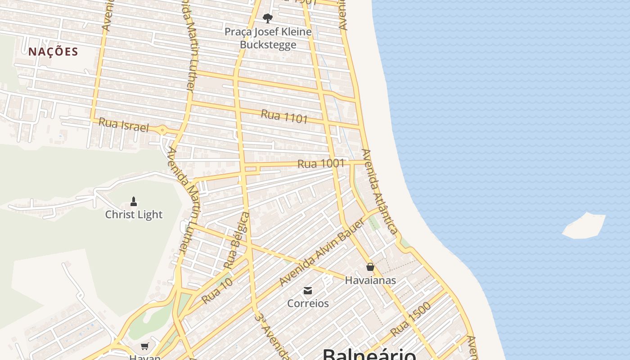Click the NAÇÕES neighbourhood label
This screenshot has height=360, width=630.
tap(53, 52)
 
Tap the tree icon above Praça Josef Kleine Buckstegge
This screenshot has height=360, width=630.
tap(268, 18)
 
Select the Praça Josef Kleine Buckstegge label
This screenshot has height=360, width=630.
tap(268, 38)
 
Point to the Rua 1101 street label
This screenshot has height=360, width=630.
tap(284, 116)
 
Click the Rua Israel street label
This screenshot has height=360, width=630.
tap(123, 125)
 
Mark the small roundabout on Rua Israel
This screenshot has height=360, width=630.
tap(162, 130)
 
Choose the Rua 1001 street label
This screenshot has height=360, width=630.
tap(321, 164)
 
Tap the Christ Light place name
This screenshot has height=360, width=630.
tap(134, 215)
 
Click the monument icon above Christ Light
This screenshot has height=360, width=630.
tap(134, 201)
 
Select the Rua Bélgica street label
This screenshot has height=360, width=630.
tap(237, 241)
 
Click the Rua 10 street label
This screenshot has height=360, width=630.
tap(217, 291)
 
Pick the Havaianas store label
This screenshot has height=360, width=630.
tap(370, 280)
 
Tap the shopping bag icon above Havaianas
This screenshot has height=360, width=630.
tap(370, 267)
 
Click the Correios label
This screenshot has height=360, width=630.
tap(308, 303)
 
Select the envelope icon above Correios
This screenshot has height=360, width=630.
tap(308, 291)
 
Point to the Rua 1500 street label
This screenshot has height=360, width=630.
tap(410, 319)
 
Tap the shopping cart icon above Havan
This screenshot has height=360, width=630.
tap(145, 346)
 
